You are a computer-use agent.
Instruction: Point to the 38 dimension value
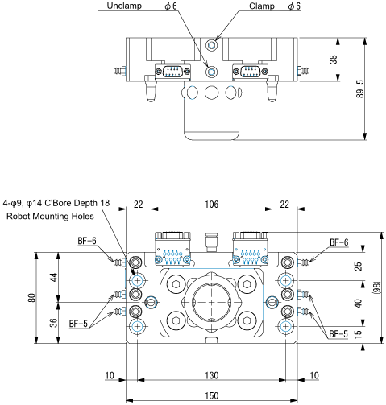coord(334,59)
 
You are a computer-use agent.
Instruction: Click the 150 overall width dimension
coord(211,396)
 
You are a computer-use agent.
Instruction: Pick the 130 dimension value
coord(211,376)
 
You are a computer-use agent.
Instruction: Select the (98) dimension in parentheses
coord(376,287)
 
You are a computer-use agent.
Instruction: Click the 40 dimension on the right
coord(359,302)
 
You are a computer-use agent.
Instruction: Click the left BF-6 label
coord(87,241)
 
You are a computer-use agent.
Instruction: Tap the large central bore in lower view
coord(211,302)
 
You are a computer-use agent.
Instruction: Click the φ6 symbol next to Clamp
coord(293,6)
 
